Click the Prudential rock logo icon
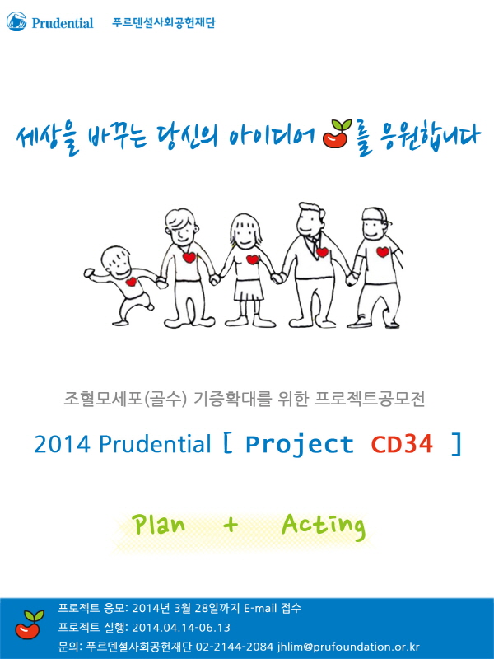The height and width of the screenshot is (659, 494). click(x=16, y=21)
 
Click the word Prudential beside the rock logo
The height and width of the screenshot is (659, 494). click(x=63, y=23)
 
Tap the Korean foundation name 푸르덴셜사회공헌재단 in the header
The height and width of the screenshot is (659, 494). click(x=164, y=22)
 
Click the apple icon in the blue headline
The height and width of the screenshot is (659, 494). click(x=337, y=133)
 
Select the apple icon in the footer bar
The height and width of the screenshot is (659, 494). click(x=30, y=624)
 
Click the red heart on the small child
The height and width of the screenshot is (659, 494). click(x=131, y=282)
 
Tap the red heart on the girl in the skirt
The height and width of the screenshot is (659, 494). click(x=253, y=259)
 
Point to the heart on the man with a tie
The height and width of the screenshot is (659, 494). click(x=322, y=252)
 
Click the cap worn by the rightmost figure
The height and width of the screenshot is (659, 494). click(x=375, y=215)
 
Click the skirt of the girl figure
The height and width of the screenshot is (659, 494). click(x=249, y=291)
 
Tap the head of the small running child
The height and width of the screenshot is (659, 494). click(x=116, y=261)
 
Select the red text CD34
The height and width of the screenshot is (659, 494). click(x=402, y=444)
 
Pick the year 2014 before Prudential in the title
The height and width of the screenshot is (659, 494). click(x=62, y=444)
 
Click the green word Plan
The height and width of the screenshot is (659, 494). click(x=159, y=525)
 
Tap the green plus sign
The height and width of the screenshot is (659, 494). click(x=231, y=525)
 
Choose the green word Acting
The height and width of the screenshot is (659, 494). click(x=324, y=526)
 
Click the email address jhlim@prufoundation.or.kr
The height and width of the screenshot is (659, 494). click(x=348, y=647)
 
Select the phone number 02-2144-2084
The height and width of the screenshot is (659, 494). click(x=235, y=647)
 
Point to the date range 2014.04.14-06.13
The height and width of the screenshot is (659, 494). click(x=181, y=628)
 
